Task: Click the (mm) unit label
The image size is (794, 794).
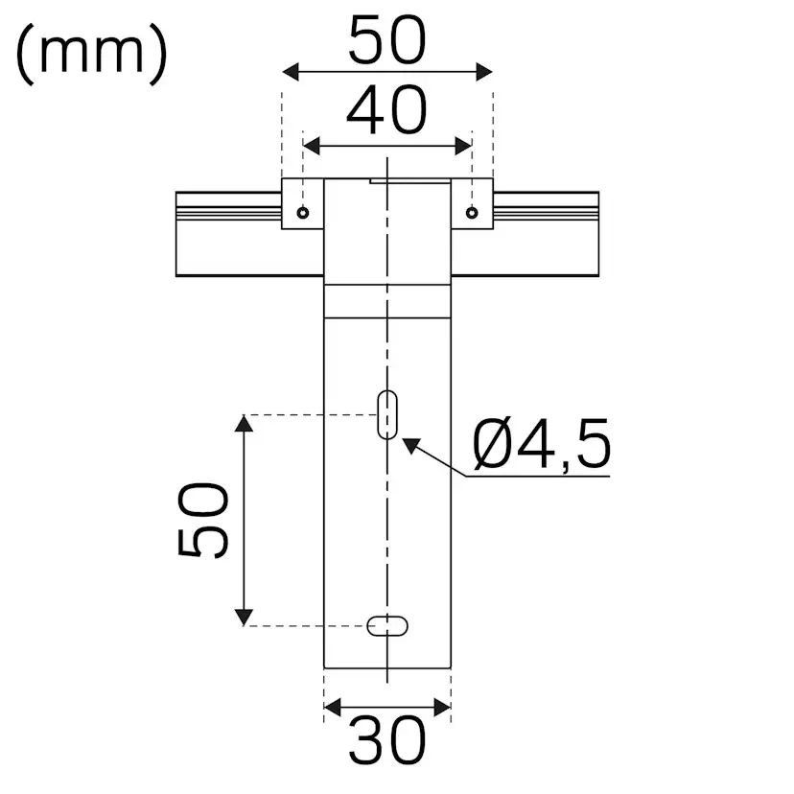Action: (x=91, y=53)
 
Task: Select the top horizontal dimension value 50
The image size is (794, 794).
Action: (x=386, y=41)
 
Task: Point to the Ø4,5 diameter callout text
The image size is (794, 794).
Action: (x=542, y=446)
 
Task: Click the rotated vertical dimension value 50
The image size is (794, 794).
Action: (x=204, y=520)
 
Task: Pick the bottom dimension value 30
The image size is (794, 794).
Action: (x=386, y=741)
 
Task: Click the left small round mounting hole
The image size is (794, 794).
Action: (x=303, y=213)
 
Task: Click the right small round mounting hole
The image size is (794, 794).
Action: (x=471, y=213)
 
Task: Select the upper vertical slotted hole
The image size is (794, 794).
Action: (x=387, y=415)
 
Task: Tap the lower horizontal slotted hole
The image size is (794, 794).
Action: (x=387, y=625)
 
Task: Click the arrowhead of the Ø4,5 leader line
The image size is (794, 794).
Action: (x=409, y=444)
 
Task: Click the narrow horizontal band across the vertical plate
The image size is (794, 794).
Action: (x=387, y=299)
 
